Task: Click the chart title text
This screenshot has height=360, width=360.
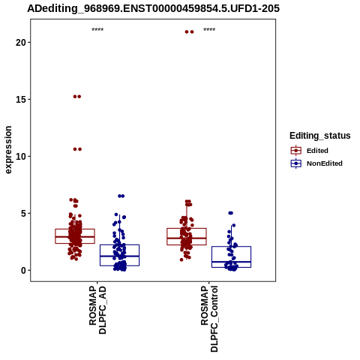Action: point(153,8)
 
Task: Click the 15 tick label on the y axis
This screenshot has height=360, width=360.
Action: point(21,100)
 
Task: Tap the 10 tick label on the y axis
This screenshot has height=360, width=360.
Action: point(21,157)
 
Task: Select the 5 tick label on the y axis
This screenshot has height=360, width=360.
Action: point(23,214)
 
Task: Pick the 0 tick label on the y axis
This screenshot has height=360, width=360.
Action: point(23,271)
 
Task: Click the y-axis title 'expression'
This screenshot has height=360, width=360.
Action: point(8,150)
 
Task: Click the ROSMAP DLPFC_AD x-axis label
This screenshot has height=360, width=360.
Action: point(97,310)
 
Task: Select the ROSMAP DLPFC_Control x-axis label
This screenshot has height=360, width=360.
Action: point(209,319)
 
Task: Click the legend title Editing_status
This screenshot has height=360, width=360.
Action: point(320,136)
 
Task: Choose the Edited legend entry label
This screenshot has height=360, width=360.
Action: point(317,151)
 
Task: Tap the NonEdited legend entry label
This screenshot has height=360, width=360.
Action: point(325,163)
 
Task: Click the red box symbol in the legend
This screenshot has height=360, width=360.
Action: point(296,151)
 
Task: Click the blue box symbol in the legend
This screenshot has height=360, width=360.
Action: point(296,163)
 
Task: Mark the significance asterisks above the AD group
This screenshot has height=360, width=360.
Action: point(97,30)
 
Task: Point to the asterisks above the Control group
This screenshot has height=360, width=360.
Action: point(209,30)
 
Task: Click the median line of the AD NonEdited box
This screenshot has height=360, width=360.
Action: point(119,256)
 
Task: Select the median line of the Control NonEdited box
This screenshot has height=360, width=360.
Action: point(231,262)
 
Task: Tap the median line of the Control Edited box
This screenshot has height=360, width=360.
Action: point(187,238)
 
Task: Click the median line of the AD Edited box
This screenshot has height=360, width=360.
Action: point(75,236)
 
